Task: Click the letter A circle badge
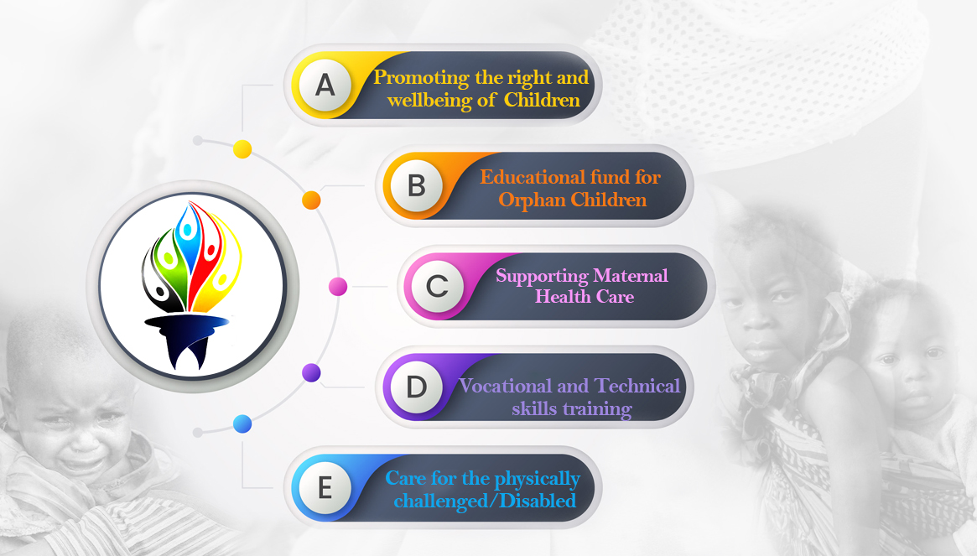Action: pos(325,85)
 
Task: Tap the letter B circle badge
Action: pos(416,185)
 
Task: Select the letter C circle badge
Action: pos(438,286)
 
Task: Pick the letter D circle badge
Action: pos(416,387)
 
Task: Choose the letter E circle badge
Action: pos(325,487)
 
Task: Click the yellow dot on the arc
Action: pos(242,149)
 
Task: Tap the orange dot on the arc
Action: pos(311,200)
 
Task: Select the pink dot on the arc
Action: pos(338,287)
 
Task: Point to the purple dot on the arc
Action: pos(311,372)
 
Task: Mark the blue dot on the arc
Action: pos(242,423)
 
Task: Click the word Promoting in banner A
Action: pos(421,78)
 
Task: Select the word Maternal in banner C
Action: pos(631,276)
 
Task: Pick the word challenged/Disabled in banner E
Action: pos(485,501)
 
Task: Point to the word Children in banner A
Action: pos(542,101)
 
